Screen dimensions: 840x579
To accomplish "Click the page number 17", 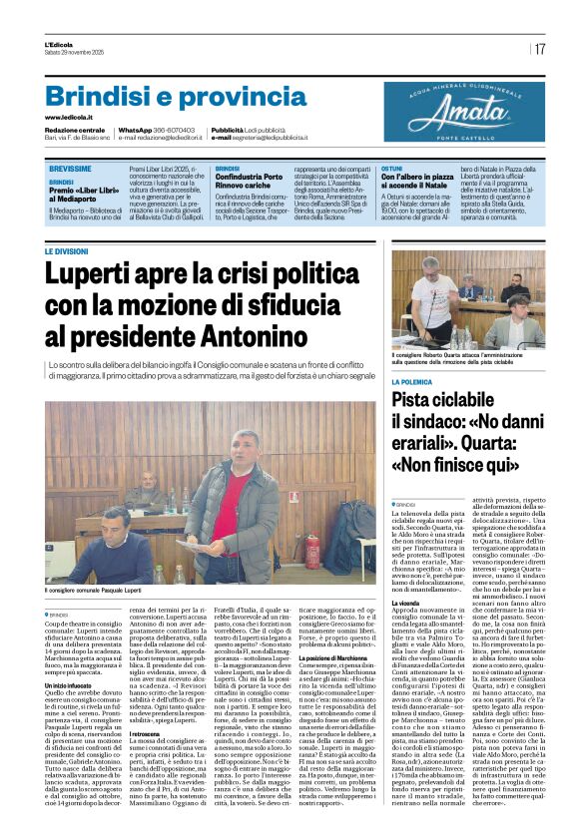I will tap(540, 48).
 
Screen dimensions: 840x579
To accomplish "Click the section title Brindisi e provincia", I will tap(161, 97).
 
